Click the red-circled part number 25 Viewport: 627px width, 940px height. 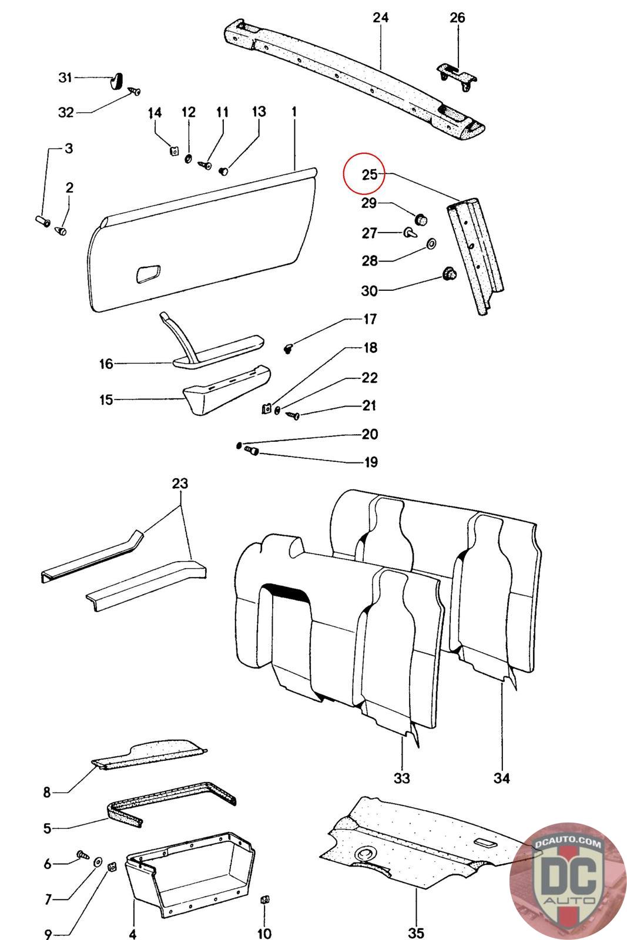point(369,174)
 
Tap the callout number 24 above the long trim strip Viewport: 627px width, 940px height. point(381,18)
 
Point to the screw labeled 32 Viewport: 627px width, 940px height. point(136,92)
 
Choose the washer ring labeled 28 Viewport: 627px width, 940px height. point(431,243)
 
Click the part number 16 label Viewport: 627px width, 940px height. point(106,364)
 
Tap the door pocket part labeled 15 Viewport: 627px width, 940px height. point(223,389)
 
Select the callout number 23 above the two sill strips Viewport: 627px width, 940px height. point(180,484)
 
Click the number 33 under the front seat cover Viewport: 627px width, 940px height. point(401,778)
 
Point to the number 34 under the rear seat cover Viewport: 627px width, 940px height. point(501,778)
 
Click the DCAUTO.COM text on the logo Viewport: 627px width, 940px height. point(568,844)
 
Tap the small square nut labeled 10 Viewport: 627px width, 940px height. point(264,899)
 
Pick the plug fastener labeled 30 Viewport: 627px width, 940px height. point(450,274)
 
